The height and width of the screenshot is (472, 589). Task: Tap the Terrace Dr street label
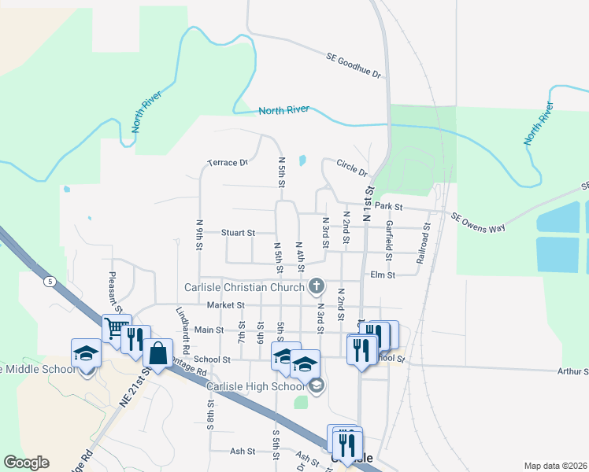pyautogui.click(x=228, y=163)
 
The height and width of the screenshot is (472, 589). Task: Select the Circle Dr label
pyautogui.click(x=352, y=167)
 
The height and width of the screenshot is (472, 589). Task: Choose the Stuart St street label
pyautogui.click(x=238, y=233)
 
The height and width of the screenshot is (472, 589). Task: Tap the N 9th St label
pyautogui.click(x=200, y=234)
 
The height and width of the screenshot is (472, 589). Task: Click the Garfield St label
pyautogui.click(x=389, y=240)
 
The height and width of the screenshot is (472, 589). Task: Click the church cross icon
pyautogui.click(x=317, y=286)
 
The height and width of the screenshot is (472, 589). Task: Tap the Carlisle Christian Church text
pyautogui.click(x=244, y=287)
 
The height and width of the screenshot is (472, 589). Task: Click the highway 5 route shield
pyautogui.click(x=51, y=281)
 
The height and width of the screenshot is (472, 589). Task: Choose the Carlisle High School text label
pyautogui.click(x=255, y=385)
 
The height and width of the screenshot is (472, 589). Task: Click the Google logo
pyautogui.click(x=26, y=462)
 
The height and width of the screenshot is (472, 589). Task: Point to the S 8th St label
pyautogui.click(x=211, y=415)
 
